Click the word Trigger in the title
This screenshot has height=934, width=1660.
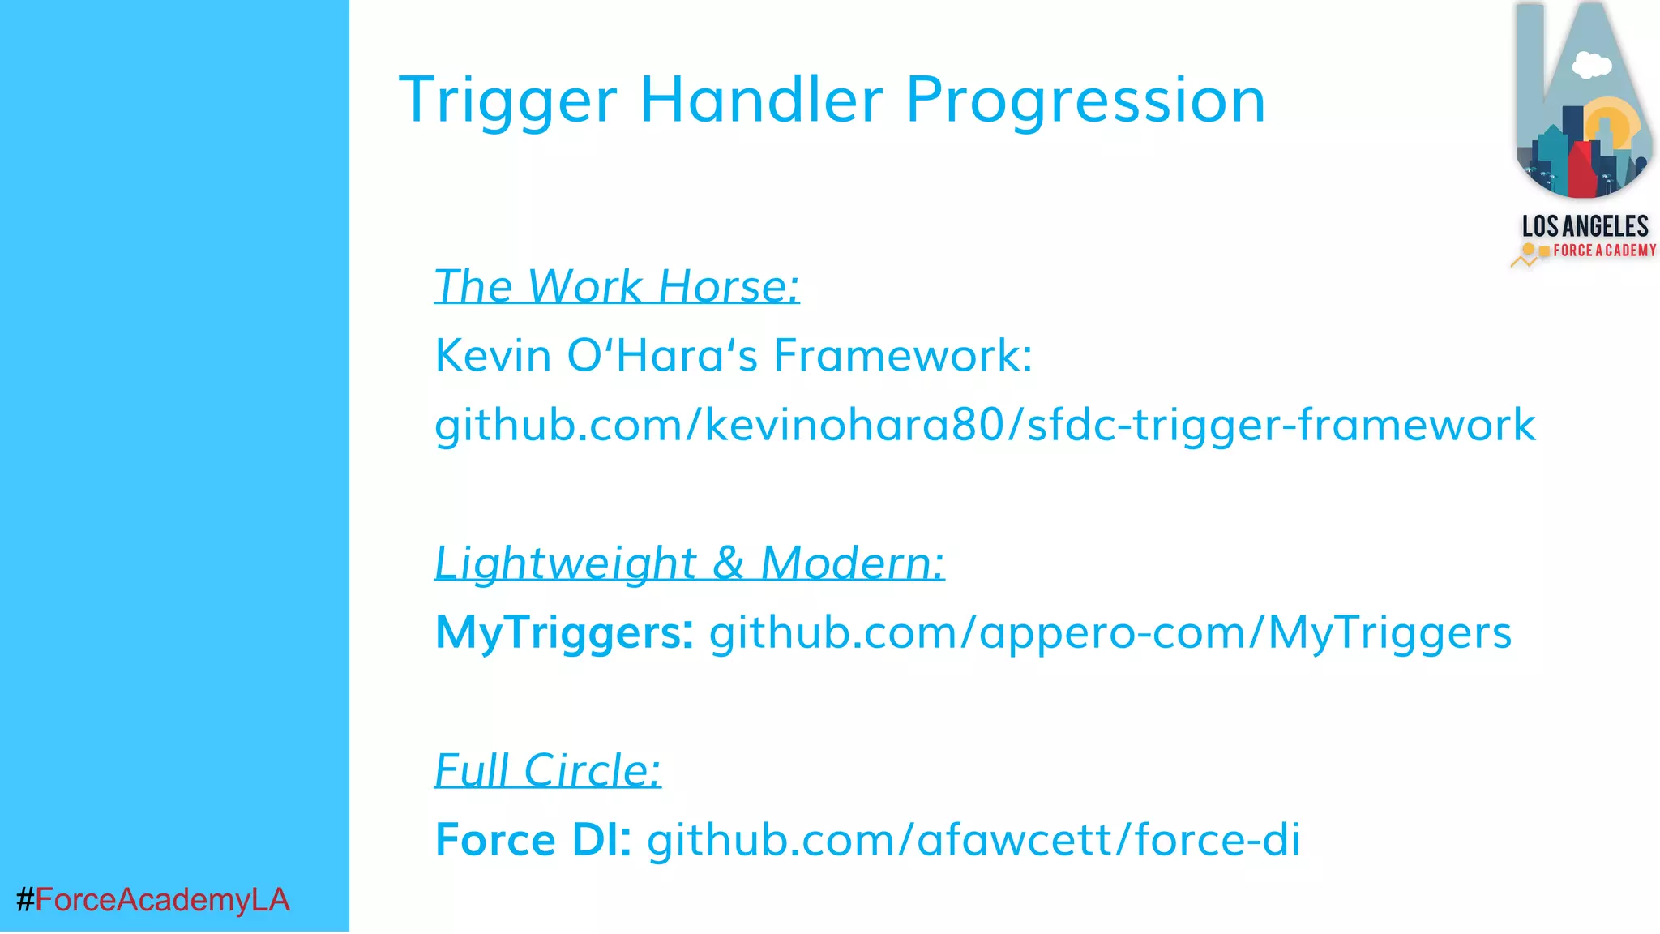tap(507, 101)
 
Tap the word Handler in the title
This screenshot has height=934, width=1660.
tap(761, 100)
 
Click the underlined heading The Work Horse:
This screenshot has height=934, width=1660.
tap(617, 286)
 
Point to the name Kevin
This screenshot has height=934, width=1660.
tap(493, 355)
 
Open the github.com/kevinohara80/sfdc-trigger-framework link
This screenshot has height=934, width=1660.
tap(985, 425)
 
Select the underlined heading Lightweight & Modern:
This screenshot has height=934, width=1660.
tap(690, 563)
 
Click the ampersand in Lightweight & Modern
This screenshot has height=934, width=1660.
tap(728, 563)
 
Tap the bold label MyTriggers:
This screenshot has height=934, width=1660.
tap(564, 632)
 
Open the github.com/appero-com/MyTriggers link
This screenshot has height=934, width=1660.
tap(1110, 632)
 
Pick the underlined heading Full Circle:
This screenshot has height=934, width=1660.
tap(548, 770)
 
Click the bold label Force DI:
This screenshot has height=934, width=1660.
tap(533, 839)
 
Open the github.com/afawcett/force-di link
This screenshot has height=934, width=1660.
tap(973, 839)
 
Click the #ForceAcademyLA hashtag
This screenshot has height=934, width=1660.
tap(153, 900)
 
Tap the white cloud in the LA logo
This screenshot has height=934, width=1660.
tap(1591, 65)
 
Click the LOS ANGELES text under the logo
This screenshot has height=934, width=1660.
tap(1585, 226)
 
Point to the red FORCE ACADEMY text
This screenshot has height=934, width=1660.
tap(1604, 251)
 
